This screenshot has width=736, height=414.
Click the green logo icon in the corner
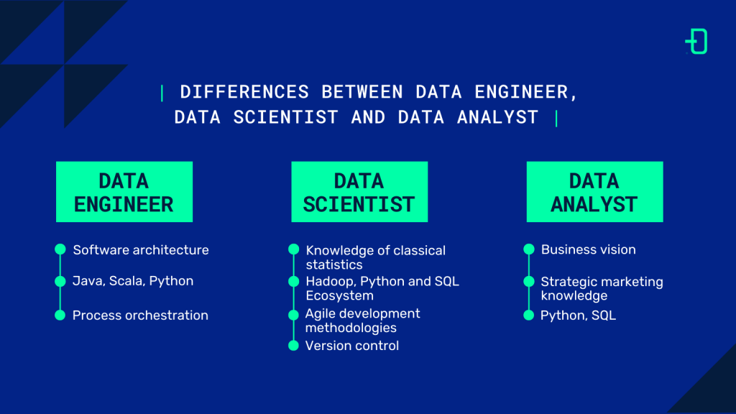point(696,41)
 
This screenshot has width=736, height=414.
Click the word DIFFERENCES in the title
point(244,92)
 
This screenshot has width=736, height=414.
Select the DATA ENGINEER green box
point(124,191)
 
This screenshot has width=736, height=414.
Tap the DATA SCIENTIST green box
point(359,191)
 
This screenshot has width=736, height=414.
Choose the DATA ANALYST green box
point(594,191)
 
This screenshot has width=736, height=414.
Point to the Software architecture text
point(141,249)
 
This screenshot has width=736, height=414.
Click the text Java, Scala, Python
point(133,281)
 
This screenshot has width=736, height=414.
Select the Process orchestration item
point(140,315)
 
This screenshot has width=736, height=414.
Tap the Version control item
point(352,346)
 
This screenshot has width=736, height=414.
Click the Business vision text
point(588,249)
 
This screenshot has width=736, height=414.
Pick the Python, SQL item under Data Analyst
point(578,316)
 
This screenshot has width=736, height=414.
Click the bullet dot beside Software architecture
point(60,249)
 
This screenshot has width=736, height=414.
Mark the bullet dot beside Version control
point(293,346)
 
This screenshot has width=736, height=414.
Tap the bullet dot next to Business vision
point(529,249)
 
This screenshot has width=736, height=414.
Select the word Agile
point(321,314)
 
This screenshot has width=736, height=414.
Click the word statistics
point(334,264)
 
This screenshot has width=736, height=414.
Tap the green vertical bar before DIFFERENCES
point(162,93)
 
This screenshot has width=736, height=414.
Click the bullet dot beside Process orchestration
point(60,315)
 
